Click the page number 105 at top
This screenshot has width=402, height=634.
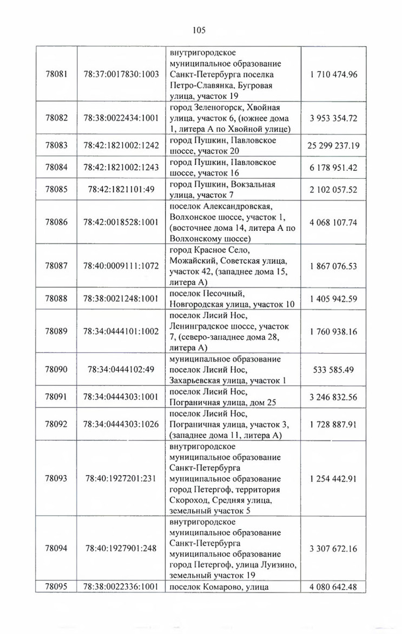(199, 30)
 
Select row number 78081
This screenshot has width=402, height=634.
(57, 74)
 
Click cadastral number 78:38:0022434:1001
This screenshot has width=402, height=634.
(121, 118)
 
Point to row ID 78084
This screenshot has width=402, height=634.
(57, 168)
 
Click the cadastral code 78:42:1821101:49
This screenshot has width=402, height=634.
(121, 190)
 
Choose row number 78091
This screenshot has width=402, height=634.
(57, 397)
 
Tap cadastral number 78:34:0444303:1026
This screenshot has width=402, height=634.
(121, 424)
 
